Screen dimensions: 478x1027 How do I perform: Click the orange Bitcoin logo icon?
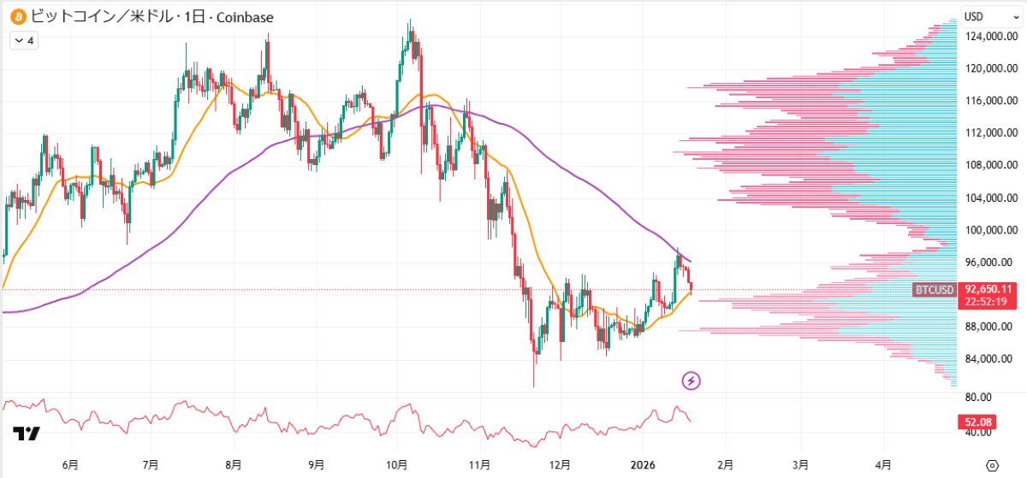(x=17, y=16)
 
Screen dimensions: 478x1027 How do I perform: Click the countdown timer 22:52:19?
(x=986, y=301)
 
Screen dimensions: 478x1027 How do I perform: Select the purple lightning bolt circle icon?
(x=692, y=381)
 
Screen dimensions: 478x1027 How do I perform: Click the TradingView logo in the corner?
(x=27, y=434)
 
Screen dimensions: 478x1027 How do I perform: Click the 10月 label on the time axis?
(x=397, y=464)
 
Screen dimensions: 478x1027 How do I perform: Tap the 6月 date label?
(x=71, y=464)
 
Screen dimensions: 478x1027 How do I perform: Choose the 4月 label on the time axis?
(x=882, y=464)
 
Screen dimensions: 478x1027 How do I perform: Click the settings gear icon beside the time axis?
(x=992, y=464)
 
